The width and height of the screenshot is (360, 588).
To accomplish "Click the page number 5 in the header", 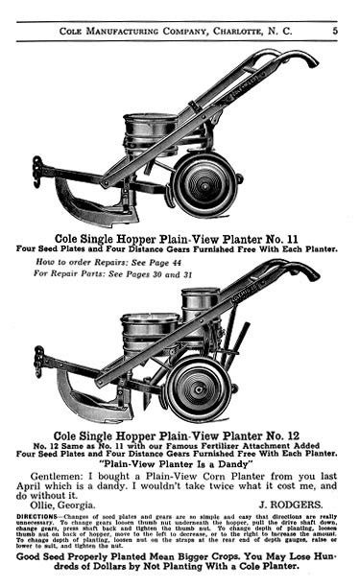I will point(335,31).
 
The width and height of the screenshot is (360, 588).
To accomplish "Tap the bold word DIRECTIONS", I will point(44,516).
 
